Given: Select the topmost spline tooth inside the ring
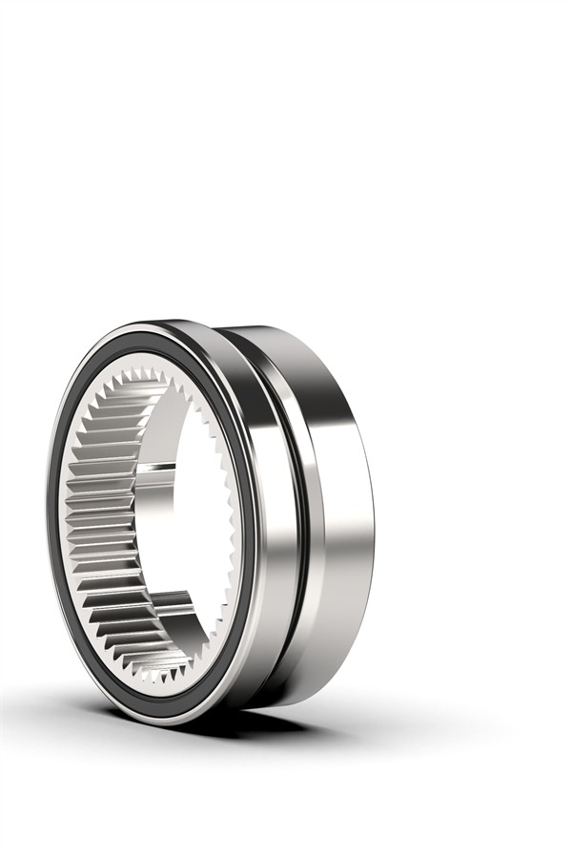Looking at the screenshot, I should pyautogui.click(x=143, y=374).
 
